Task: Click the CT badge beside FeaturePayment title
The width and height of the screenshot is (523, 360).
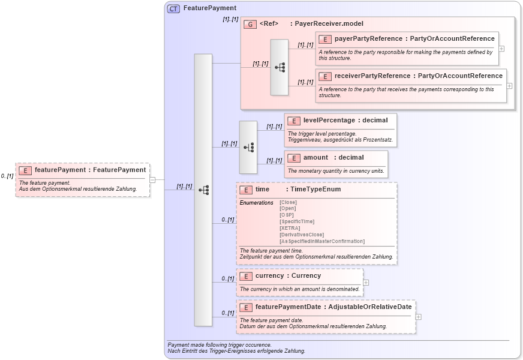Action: [173, 8]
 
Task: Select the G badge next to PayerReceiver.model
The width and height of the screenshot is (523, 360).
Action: [250, 24]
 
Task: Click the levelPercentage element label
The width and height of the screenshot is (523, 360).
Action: [329, 121]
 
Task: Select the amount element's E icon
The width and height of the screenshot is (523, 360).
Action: [293, 158]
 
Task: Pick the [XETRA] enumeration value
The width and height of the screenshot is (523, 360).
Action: [290, 228]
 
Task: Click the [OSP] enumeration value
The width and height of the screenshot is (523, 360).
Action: [287, 215]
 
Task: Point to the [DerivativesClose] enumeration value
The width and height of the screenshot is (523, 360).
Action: [302, 235]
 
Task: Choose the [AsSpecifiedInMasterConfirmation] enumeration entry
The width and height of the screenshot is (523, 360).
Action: [321, 241]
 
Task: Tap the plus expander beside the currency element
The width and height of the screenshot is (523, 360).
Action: [366, 282]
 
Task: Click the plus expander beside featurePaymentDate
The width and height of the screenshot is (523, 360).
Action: [419, 317]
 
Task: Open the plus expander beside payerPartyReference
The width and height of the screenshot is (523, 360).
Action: [501, 49]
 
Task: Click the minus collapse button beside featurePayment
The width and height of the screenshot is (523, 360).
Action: [152, 179]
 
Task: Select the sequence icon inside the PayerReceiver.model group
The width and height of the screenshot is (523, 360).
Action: [279, 67]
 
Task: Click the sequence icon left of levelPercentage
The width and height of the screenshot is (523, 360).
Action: [248, 147]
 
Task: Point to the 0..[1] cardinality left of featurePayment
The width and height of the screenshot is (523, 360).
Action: [7, 176]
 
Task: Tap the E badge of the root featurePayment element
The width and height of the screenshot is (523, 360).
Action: [25, 170]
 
